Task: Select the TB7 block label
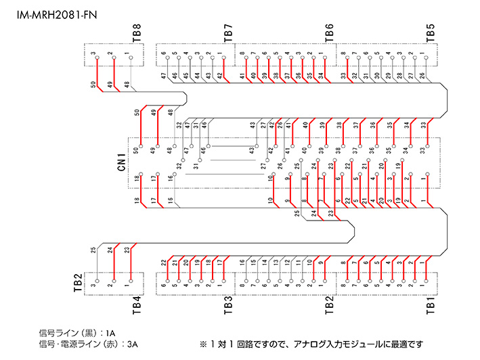click(227, 32)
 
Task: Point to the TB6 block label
click(329, 32)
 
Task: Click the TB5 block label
click(430, 32)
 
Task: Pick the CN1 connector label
click(122, 162)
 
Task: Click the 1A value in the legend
click(110, 334)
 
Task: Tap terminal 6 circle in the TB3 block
click(163, 280)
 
